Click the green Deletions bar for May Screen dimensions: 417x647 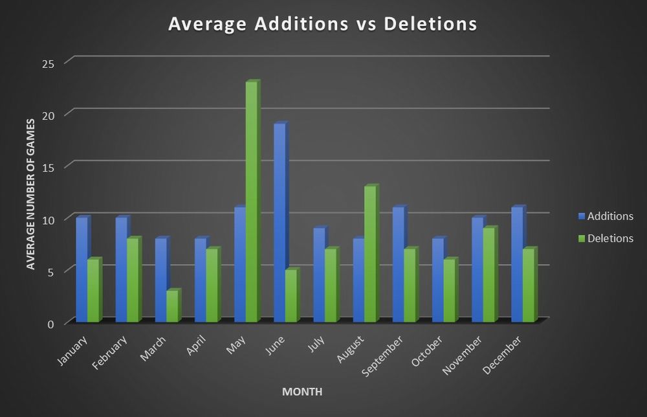(x=252, y=202)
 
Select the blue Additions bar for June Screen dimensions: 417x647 (x=280, y=223)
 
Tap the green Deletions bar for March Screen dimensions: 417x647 (x=172, y=306)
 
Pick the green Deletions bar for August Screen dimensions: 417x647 (x=370, y=254)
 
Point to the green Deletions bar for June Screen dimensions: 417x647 (x=291, y=296)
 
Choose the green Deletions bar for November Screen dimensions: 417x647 (x=489, y=275)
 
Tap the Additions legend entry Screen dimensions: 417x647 (x=606, y=216)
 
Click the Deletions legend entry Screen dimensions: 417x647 (x=606, y=238)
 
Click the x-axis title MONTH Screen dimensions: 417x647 (x=302, y=392)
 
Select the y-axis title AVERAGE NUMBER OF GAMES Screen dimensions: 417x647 (x=30, y=194)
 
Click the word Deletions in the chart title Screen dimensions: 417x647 (x=430, y=24)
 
